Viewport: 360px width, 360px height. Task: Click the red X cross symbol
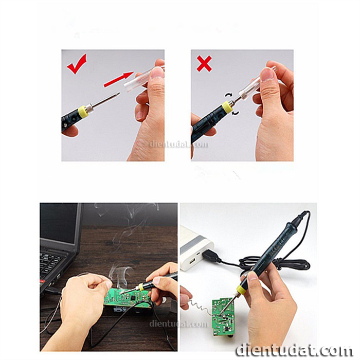pos(204,64)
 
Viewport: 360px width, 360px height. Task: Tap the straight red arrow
pos(118,79)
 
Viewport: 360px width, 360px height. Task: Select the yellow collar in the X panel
pos(227,107)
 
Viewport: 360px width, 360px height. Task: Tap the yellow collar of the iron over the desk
pos(139,287)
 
